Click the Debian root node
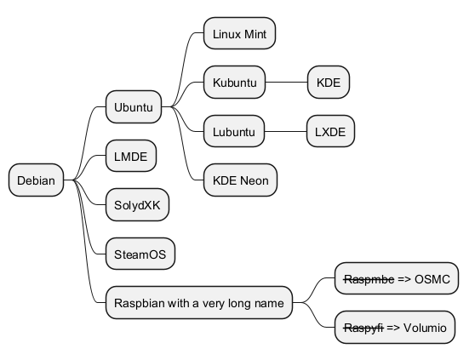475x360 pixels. pyautogui.click(x=36, y=180)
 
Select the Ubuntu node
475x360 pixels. pyautogui.click(x=134, y=106)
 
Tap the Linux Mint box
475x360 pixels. pyautogui.click(x=239, y=33)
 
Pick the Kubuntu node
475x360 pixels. pyautogui.click(x=234, y=82)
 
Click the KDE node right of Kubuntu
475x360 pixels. pyautogui.click(x=329, y=82)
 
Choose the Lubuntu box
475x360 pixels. pyautogui.click(x=234, y=131)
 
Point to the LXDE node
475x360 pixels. pyautogui.click(x=330, y=131)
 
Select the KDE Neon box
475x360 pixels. pyautogui.click(x=241, y=180)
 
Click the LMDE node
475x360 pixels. pyautogui.click(x=131, y=156)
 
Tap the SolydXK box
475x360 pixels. pyautogui.click(x=137, y=205)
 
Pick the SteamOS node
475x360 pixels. pyautogui.click(x=140, y=254)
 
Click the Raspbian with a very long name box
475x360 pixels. pyautogui.click(x=199, y=302)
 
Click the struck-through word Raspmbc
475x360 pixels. pyautogui.click(x=369, y=279)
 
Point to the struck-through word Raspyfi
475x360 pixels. pyautogui.click(x=363, y=328)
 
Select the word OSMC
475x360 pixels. pyautogui.click(x=432, y=279)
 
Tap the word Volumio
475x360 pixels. pyautogui.click(x=425, y=328)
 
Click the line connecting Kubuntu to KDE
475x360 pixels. pyautogui.click(x=286, y=82)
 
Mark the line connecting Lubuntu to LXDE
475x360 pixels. pyautogui.click(x=285, y=131)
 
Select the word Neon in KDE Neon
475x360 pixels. pyautogui.click(x=255, y=180)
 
